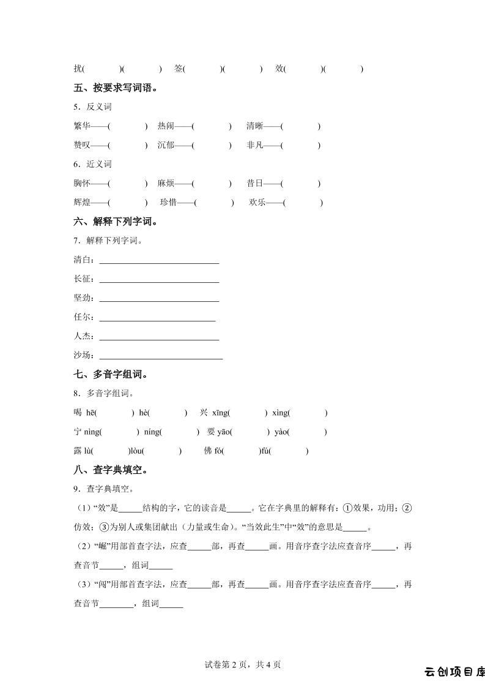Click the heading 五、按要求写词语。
pyautogui.click(x=116, y=88)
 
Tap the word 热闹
pyautogui.click(x=166, y=126)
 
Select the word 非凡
pyautogui.click(x=255, y=145)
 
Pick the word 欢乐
pyautogui.click(x=257, y=202)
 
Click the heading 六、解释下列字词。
pyautogui.click(x=116, y=221)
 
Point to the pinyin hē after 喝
pyautogui.click(x=91, y=413)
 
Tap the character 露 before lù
pyautogui.click(x=78, y=451)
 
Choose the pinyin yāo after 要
pyautogui.click(x=224, y=432)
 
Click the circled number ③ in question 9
pyautogui.click(x=104, y=527)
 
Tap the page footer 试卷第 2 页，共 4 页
pyautogui.click(x=243, y=664)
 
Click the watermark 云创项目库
pyautogui.click(x=454, y=672)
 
